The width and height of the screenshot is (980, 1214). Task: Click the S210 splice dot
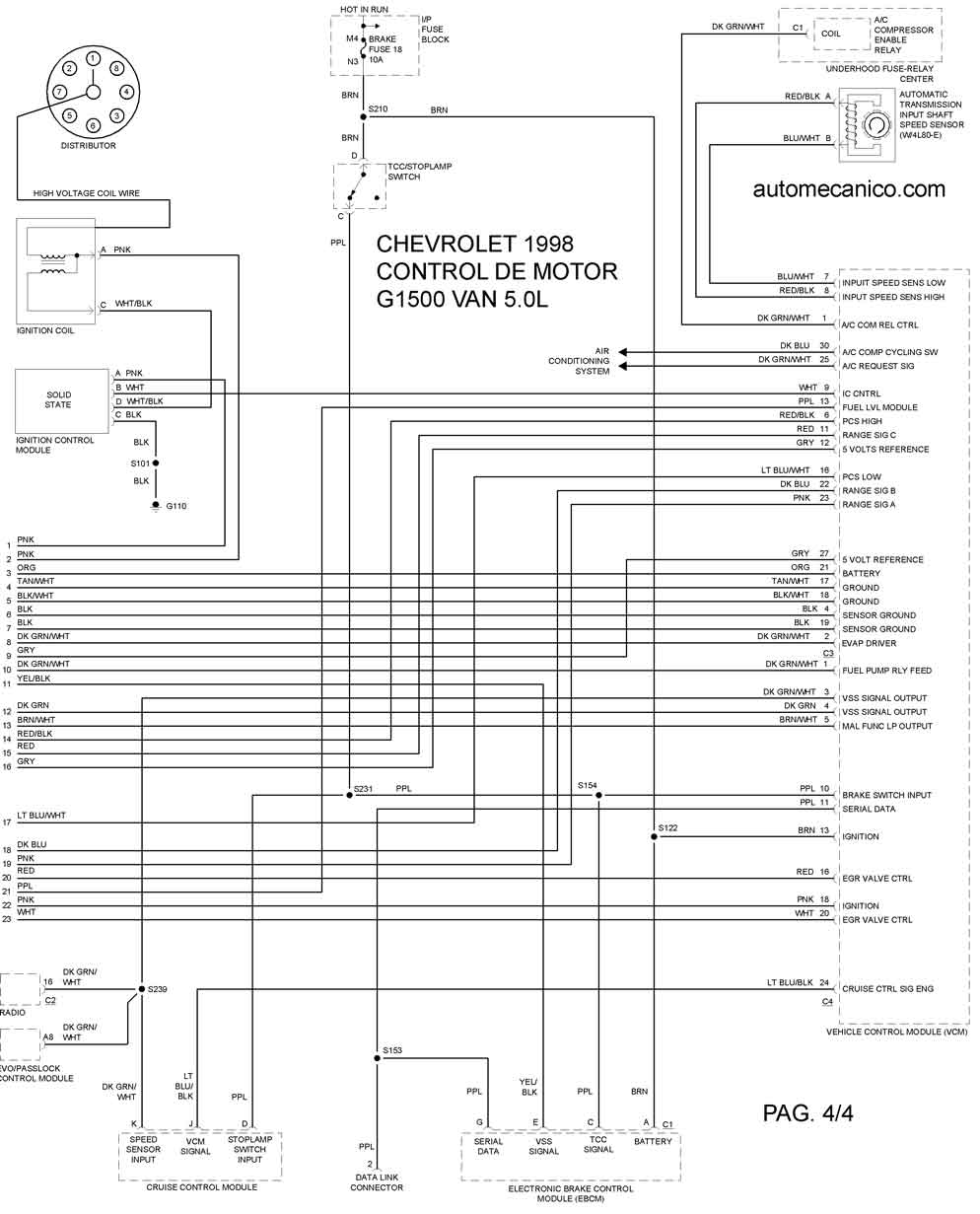[x=363, y=116]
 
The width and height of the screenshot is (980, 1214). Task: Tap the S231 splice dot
[x=349, y=795]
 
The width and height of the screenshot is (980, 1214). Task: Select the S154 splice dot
[x=598, y=795]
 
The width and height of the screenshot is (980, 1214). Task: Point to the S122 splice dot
[x=654, y=836]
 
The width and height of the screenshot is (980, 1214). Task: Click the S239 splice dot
[x=141, y=989]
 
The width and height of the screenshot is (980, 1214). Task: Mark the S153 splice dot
[x=377, y=1058]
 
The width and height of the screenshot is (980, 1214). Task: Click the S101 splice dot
[x=156, y=463]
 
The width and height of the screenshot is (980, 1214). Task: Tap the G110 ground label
[x=176, y=506]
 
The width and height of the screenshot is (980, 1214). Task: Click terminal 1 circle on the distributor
[x=94, y=58]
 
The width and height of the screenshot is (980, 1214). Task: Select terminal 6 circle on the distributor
[x=93, y=125]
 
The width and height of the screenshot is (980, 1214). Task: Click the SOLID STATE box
[x=61, y=400]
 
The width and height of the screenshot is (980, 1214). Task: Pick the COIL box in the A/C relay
[x=840, y=35]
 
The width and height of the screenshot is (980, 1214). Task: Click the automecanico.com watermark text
[x=849, y=189]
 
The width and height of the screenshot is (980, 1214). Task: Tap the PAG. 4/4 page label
[x=807, y=1112]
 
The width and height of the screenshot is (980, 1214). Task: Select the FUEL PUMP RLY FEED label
[x=886, y=671]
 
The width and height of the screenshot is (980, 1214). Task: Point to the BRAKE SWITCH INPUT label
[x=886, y=795]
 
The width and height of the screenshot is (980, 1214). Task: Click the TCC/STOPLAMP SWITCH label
[x=419, y=172]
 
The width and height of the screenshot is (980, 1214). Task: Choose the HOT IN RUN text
[x=364, y=10]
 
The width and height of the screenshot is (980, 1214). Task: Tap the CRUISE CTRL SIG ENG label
[x=887, y=989]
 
